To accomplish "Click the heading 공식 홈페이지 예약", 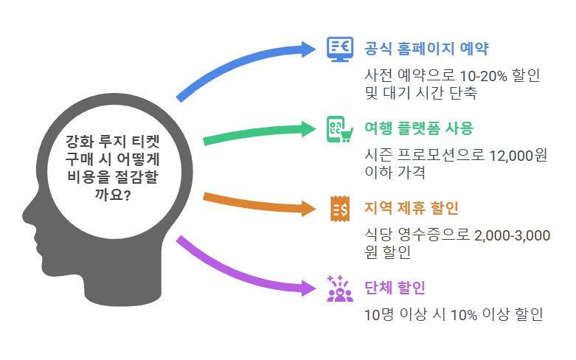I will (426, 49).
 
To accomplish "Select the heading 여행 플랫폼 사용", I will (419, 128).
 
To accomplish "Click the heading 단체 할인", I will (395, 288).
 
